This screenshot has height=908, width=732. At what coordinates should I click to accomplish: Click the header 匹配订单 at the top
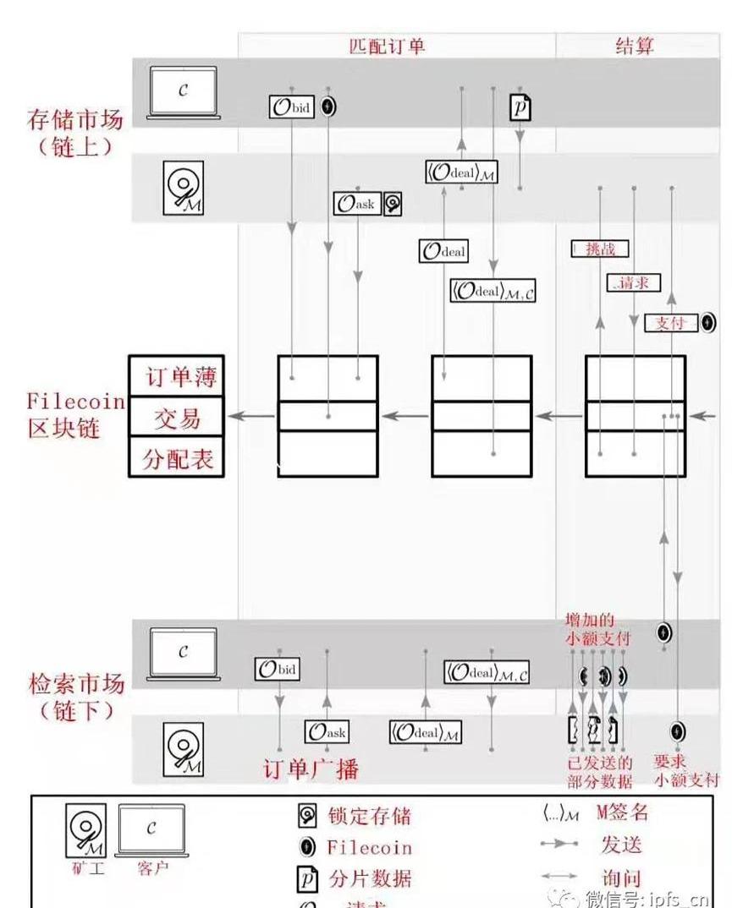coord(387,46)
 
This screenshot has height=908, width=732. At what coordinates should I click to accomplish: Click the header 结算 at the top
coord(634,46)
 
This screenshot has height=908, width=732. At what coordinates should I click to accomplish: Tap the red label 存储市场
coord(75,118)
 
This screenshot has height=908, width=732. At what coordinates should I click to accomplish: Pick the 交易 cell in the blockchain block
coord(178,418)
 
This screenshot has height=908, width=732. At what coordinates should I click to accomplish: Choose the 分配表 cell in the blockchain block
coord(178,459)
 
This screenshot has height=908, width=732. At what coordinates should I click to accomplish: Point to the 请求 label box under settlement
coord(632,283)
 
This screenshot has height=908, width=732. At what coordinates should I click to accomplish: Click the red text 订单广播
coord(311,769)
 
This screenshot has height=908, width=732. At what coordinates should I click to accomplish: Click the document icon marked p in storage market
coord(520,107)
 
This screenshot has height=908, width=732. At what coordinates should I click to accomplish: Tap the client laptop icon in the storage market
coord(183,91)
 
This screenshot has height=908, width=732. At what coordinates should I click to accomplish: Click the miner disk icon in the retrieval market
coord(183,751)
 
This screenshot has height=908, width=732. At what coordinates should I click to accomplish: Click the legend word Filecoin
coord(370,847)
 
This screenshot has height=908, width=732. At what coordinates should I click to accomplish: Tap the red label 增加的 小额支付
coord(597,630)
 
